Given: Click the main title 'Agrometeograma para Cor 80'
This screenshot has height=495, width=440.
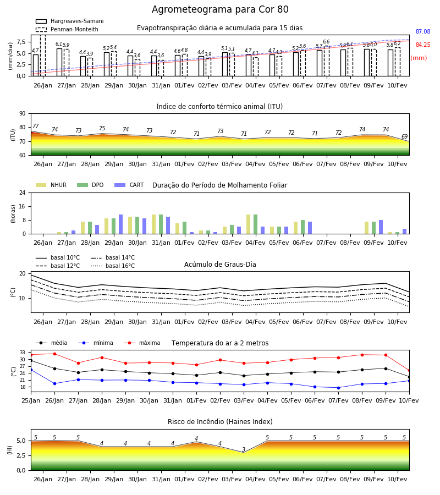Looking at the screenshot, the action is pos(220,9).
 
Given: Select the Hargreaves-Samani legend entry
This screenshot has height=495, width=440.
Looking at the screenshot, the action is pos(69,21).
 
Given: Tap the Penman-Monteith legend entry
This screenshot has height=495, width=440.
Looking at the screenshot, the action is pos(67,29).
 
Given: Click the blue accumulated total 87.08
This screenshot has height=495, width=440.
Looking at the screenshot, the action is pos(423,31).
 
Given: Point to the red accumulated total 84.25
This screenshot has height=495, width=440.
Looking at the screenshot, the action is pos(423,45).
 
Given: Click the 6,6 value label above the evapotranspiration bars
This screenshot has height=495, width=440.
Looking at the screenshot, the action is pos(326,42).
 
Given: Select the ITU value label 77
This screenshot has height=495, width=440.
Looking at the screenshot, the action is pos(35,126).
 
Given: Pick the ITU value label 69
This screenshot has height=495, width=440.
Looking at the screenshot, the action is pos(404,136).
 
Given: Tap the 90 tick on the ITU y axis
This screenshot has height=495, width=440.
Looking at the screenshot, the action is pos(23,114).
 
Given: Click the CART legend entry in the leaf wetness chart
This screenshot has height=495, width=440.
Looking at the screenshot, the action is pos(129,185).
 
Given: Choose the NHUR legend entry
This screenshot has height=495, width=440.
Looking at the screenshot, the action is pos(51,185).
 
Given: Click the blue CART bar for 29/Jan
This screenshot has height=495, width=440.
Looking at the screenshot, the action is pos(120,224).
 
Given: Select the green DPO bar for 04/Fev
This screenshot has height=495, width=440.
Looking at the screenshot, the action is pos(255,224).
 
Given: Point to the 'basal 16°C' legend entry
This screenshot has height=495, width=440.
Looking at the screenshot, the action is pos(113,266).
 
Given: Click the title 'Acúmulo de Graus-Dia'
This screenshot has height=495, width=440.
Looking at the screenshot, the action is pos(220,264).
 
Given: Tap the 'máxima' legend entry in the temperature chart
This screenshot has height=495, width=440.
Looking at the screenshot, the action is pos(142,343).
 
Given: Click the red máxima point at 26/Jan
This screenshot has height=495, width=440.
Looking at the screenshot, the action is pos(54,354).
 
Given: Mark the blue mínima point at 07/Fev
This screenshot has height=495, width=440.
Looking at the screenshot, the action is pos(338,388).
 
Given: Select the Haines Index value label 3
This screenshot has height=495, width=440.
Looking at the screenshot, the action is pos(244,449).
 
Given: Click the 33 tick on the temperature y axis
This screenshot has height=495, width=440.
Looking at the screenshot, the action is pos(23,353).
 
